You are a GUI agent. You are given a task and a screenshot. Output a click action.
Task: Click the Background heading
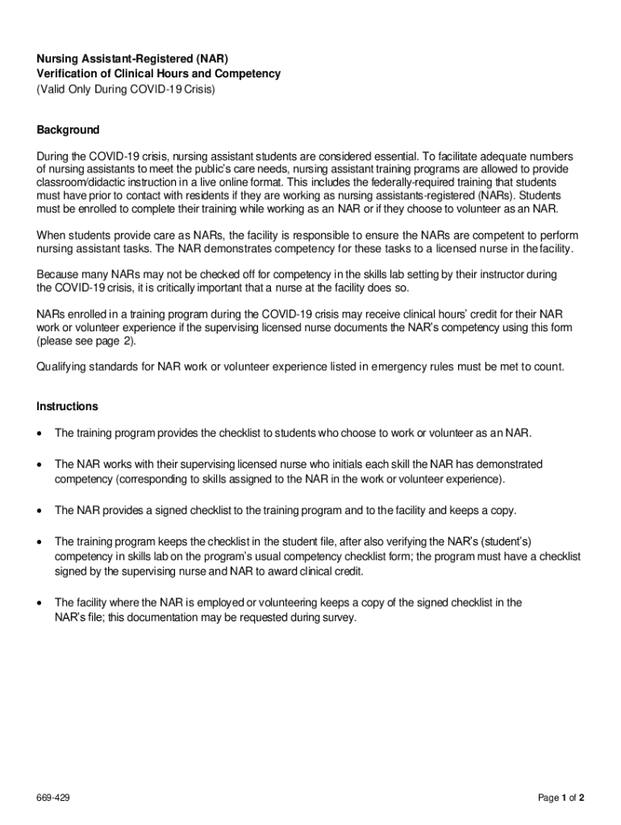(x=68, y=130)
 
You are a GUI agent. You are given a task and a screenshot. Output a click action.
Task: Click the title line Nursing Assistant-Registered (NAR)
(x=132, y=59)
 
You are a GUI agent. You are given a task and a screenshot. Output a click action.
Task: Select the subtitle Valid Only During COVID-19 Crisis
(x=126, y=89)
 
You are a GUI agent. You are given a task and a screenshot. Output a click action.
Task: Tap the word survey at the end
(x=336, y=618)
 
